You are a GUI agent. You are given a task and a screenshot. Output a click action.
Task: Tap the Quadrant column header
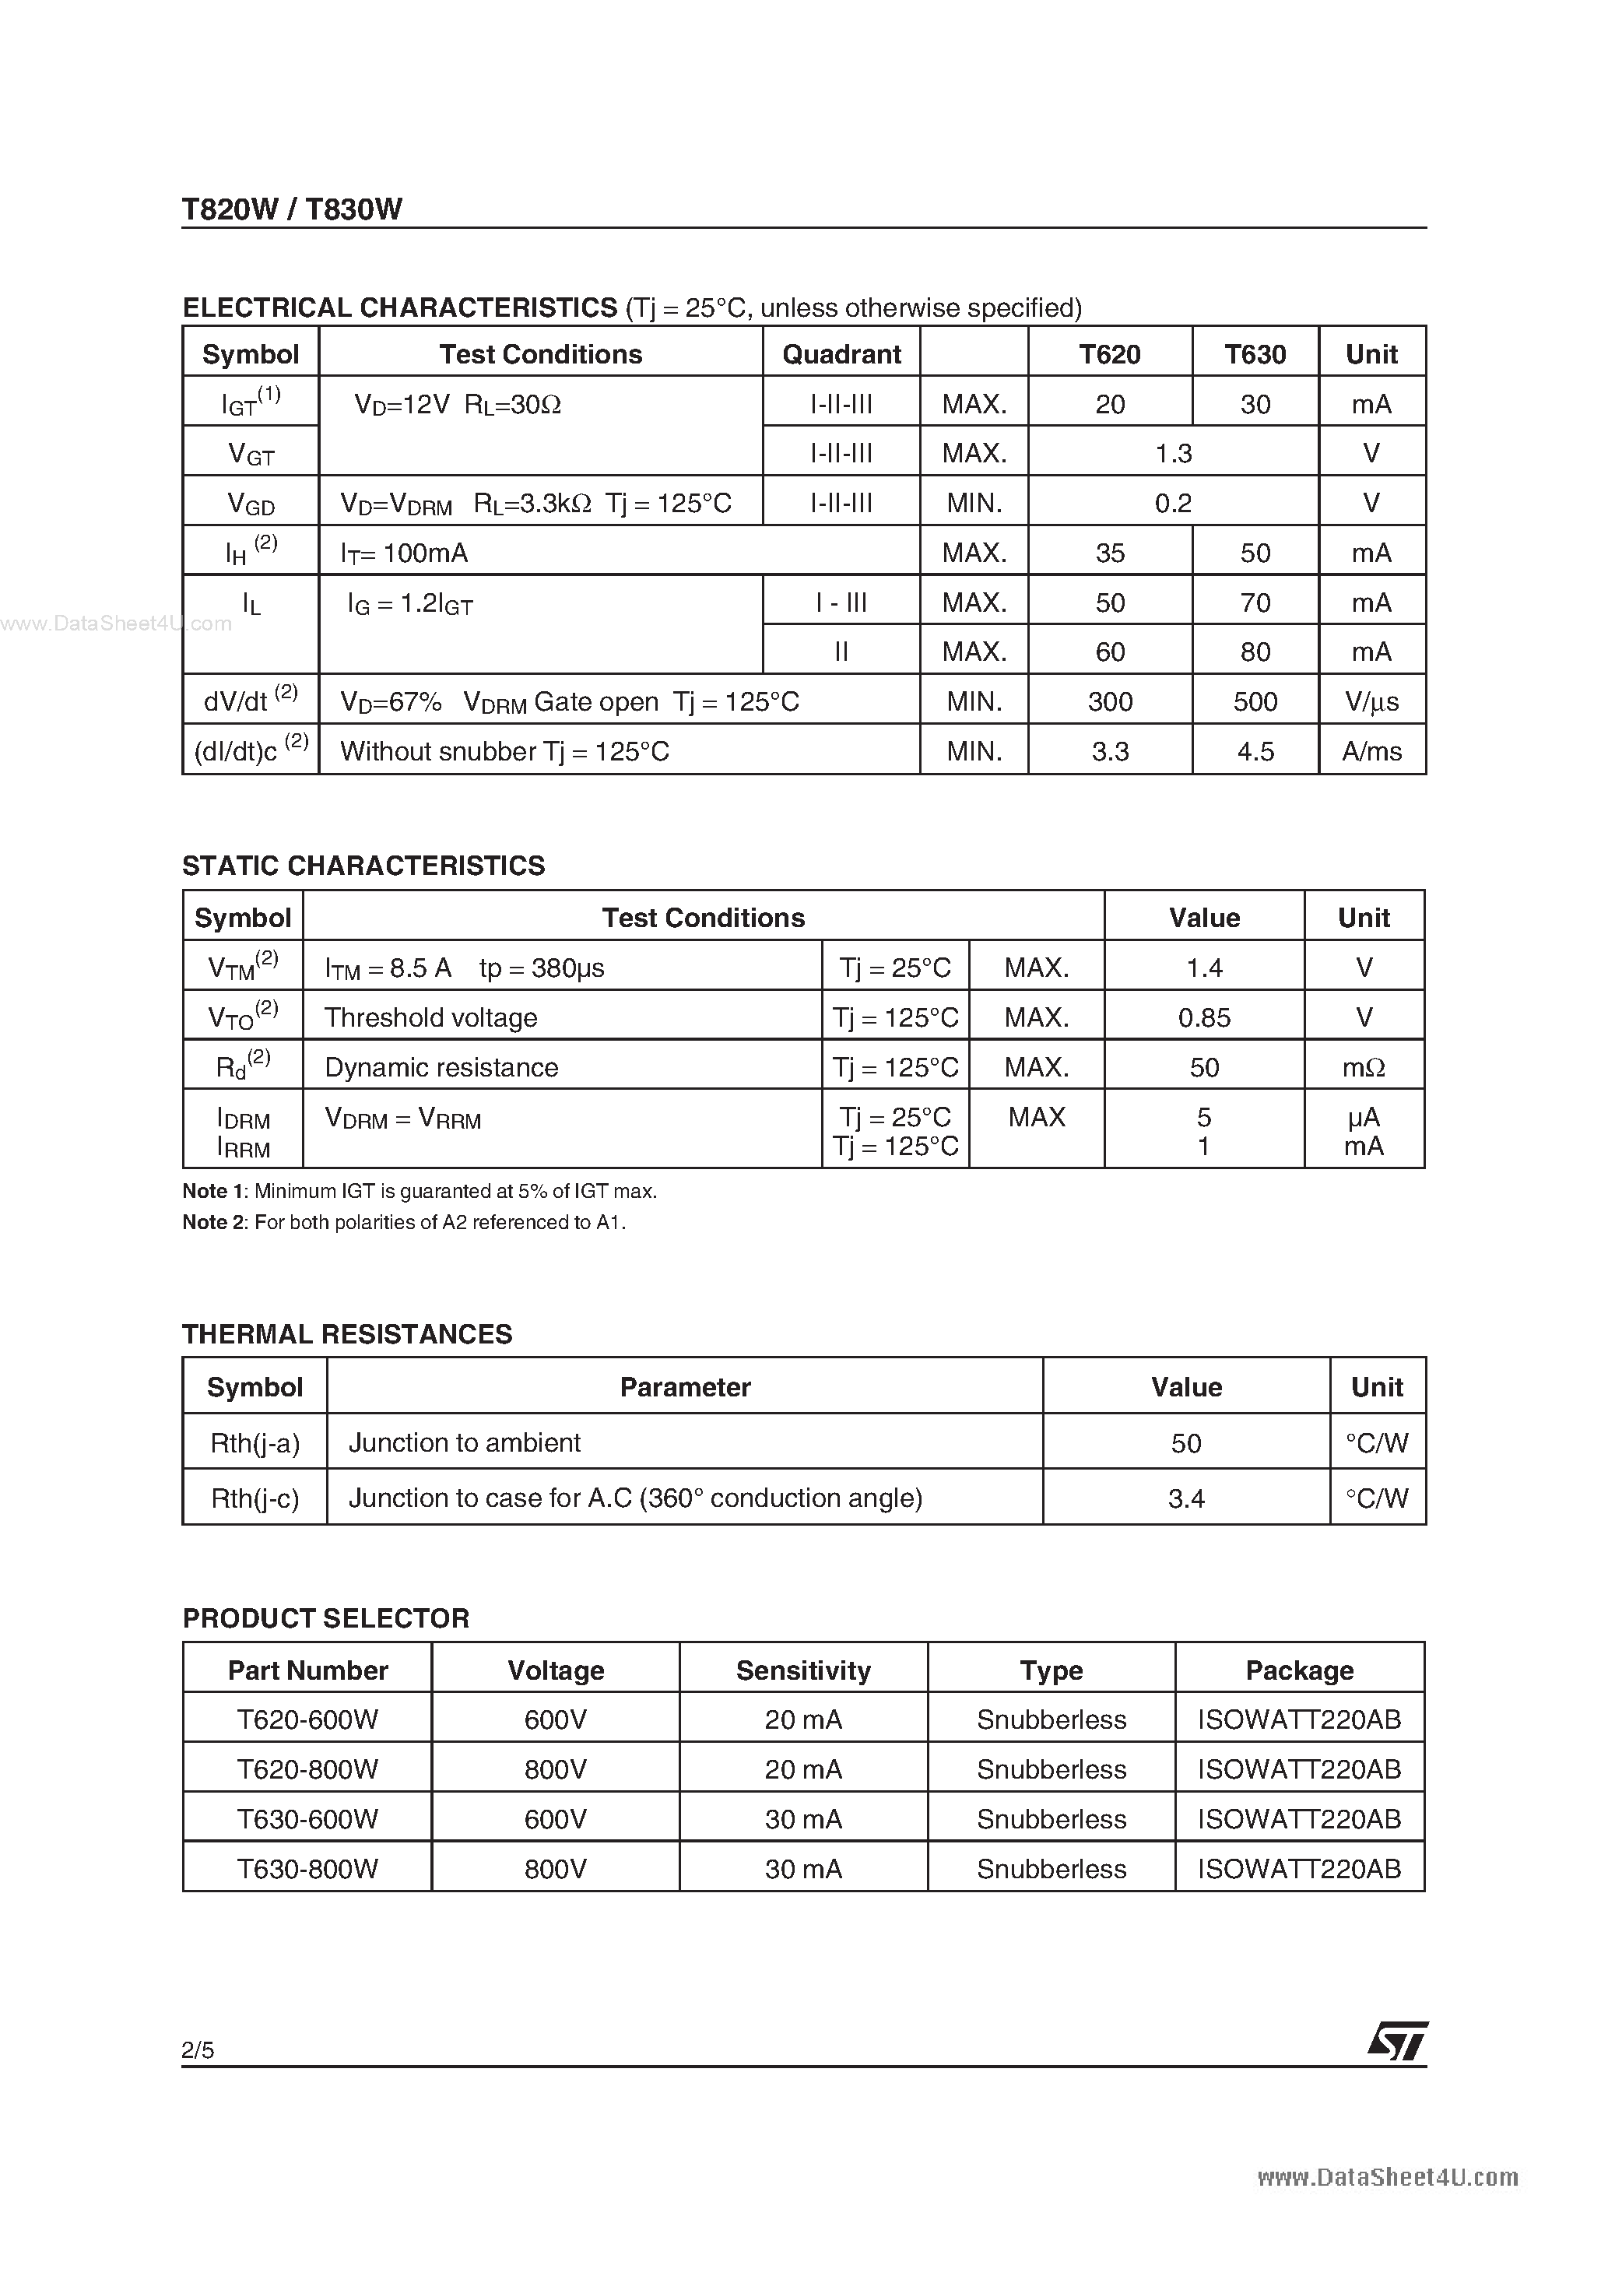[841, 354]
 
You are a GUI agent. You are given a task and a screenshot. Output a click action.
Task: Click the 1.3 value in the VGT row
[1173, 453]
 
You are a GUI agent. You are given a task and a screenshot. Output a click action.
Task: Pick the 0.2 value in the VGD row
[1173, 503]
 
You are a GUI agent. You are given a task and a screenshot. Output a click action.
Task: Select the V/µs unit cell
[1371, 701]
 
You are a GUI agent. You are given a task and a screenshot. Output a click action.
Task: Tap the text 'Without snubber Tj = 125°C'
[504, 750]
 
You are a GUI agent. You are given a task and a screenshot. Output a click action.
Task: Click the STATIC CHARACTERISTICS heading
[363, 866]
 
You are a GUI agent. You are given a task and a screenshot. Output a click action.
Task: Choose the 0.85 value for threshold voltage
[1203, 1017]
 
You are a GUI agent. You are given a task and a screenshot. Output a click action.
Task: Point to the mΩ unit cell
[1363, 1066]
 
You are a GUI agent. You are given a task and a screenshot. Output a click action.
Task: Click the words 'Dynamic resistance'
[441, 1066]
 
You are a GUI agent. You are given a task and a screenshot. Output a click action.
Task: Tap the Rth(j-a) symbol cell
[255, 1442]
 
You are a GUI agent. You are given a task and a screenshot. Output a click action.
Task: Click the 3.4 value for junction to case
[1185, 1498]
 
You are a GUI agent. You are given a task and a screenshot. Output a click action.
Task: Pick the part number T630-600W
[307, 1819]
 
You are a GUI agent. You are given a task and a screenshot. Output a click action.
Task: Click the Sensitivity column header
[803, 1670]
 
